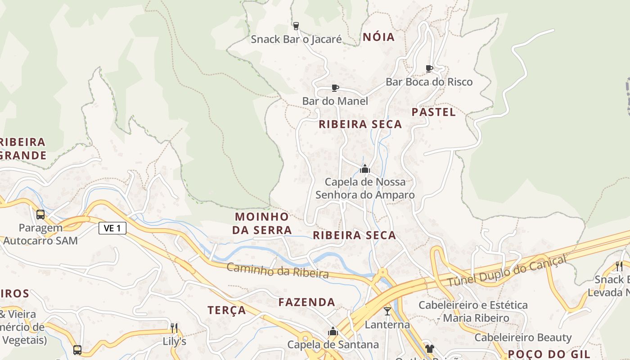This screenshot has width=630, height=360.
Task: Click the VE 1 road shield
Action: point(112,228)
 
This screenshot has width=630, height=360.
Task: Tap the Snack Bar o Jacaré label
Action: point(296,39)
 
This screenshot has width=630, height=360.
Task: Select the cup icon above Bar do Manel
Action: point(335,88)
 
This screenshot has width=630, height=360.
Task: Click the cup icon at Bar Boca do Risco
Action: point(429,68)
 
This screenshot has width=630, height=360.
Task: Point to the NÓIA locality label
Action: point(378,37)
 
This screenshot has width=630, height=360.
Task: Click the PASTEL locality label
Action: point(433,112)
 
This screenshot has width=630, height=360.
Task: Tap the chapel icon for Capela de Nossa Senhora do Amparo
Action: point(364,169)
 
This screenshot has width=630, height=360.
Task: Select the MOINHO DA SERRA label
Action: point(262,223)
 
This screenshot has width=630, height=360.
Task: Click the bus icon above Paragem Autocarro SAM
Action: point(40,214)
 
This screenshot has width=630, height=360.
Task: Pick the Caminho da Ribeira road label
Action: point(277,270)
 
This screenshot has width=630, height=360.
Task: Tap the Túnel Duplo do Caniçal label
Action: point(507,270)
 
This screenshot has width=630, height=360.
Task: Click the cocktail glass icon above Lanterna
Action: point(387,311)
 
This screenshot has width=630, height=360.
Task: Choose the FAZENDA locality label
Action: point(306,302)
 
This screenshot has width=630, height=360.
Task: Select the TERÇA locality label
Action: point(227,310)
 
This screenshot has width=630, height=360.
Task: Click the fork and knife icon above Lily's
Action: point(174,328)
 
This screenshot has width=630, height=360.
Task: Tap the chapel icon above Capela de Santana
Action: point(333,332)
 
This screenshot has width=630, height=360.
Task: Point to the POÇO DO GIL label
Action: point(549,354)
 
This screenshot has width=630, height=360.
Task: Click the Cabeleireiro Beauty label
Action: point(523,337)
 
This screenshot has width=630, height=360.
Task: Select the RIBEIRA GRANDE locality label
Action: point(22,149)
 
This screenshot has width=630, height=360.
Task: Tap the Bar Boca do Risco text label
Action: point(429,82)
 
